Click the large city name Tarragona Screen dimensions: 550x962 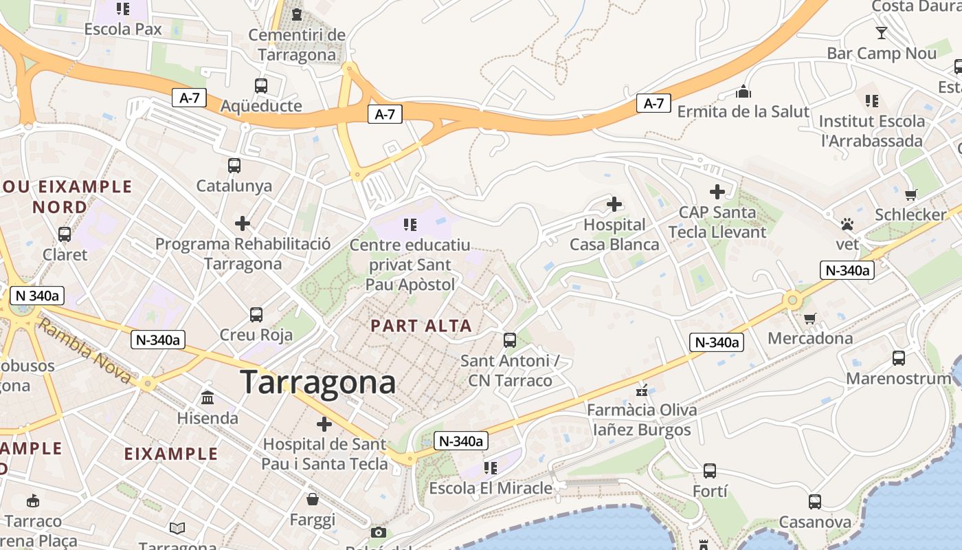[x=318, y=382]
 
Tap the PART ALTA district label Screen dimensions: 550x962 [x=421, y=326]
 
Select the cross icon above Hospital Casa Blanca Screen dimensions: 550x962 [x=614, y=204]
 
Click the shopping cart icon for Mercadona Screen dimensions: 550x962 [x=810, y=318]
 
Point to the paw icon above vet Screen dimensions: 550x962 [x=847, y=224]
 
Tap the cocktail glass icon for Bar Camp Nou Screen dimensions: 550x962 [x=882, y=33]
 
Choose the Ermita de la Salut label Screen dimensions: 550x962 [x=743, y=111]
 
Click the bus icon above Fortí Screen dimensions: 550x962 [x=710, y=471]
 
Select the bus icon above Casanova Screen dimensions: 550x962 [x=815, y=502]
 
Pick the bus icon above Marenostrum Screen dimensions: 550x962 [x=898, y=358]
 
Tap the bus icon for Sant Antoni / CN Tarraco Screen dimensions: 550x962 [x=510, y=340]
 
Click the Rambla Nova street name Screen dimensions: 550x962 [x=84, y=351]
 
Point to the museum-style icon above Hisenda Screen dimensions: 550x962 [x=208, y=397]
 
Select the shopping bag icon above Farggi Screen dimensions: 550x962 [x=313, y=498]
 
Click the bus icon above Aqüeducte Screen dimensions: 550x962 [x=261, y=86]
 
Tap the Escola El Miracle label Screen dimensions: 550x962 [x=490, y=489]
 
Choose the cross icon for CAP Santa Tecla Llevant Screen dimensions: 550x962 [x=717, y=192]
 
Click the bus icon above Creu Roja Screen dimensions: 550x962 [x=256, y=315]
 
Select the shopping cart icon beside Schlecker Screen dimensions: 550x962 [x=911, y=195]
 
